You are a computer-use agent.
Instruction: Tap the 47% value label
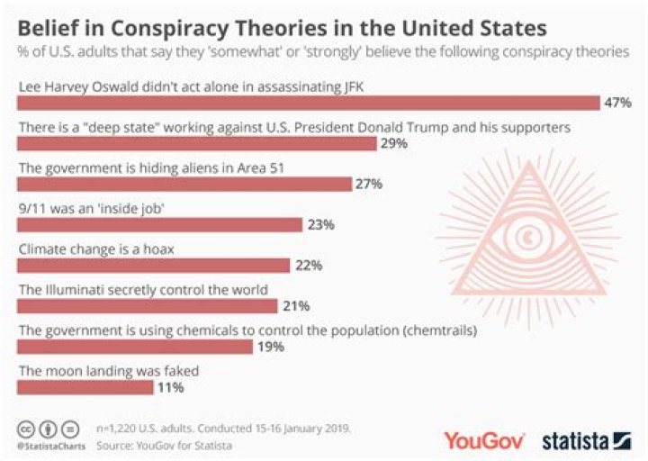click(618, 102)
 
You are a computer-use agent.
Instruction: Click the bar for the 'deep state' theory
click(197, 143)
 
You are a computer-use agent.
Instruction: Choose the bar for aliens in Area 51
click(184, 184)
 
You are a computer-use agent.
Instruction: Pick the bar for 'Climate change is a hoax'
click(153, 266)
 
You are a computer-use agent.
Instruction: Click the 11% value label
click(170, 388)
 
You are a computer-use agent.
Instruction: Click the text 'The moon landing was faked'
click(109, 370)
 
